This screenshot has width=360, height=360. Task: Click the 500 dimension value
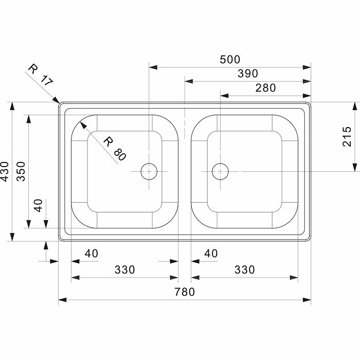(x=230, y=60)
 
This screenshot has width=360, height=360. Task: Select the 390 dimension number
(x=247, y=74)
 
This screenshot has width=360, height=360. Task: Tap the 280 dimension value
(x=265, y=88)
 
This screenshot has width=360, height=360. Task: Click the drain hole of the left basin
(x=149, y=171)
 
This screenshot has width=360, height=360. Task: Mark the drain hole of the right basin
(x=220, y=171)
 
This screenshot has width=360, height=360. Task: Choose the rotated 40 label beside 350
(x=38, y=206)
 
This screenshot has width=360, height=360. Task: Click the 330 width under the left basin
(x=124, y=269)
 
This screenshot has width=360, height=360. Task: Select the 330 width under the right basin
(x=244, y=269)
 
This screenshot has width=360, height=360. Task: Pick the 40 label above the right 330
(x=211, y=254)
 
